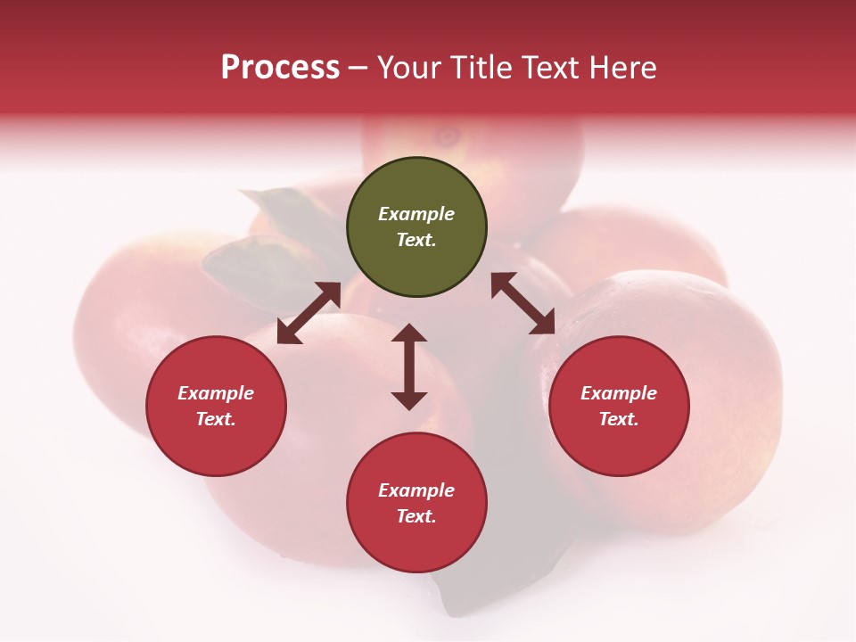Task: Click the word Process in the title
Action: tap(280, 68)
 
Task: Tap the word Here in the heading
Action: tap(620, 68)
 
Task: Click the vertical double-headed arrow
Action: tap(409, 366)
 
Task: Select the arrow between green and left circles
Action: tap(309, 313)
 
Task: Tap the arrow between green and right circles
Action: tap(523, 303)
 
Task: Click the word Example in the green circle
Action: tap(416, 214)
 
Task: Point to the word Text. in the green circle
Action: tap(416, 240)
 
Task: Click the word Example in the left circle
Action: tap(216, 393)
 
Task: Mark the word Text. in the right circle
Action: tap(619, 419)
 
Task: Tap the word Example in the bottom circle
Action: tap(416, 490)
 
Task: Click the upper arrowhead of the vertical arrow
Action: tap(409, 333)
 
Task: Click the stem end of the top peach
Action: tap(447, 136)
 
